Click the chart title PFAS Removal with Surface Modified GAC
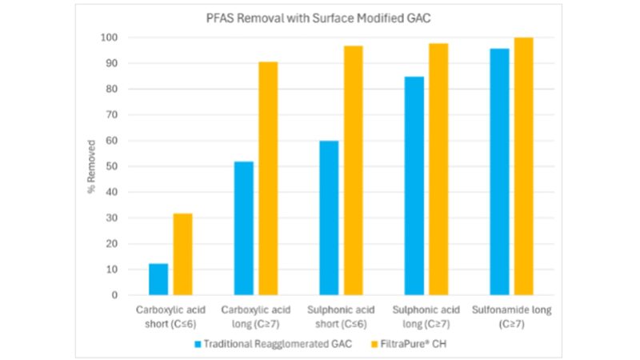coord(319,20)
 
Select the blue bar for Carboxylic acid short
coord(158,279)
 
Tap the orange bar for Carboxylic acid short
coord(182,254)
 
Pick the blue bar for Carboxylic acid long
coord(243,228)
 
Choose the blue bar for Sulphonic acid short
coord(329,218)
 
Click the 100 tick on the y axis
coord(110,38)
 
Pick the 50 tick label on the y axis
coord(112,166)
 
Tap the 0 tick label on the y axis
coord(114,295)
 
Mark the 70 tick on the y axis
coord(112,115)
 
